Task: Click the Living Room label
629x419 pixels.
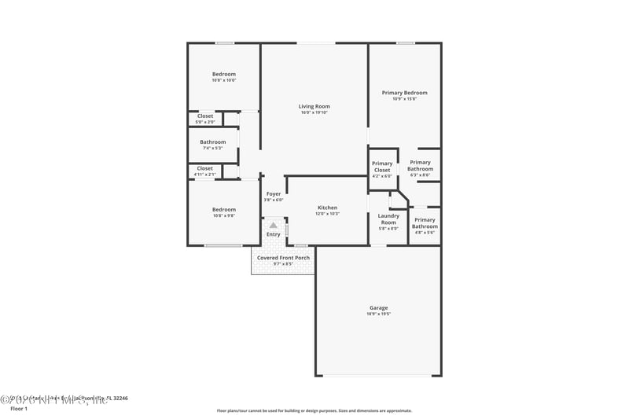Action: [314, 106]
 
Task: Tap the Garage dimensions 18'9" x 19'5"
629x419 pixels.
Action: [379, 314]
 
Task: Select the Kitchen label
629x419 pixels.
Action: [327, 208]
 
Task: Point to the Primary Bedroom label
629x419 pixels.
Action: [404, 93]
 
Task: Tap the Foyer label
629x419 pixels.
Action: [274, 193]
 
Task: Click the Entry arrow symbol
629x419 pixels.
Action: [274, 226]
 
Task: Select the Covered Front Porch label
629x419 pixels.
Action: [283, 258]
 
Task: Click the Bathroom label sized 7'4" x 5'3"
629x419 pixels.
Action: [212, 142]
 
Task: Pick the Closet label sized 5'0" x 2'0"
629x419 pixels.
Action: [205, 116]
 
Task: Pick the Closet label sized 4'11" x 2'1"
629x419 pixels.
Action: [205, 168]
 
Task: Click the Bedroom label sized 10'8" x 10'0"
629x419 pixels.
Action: [223, 74]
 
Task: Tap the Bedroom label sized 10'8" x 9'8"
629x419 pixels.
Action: [223, 209]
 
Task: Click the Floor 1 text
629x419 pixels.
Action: [18, 409]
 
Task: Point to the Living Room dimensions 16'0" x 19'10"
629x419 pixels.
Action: [314, 112]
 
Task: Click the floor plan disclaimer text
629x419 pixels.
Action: [314, 410]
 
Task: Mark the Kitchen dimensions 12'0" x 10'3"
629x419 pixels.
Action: [327, 214]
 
